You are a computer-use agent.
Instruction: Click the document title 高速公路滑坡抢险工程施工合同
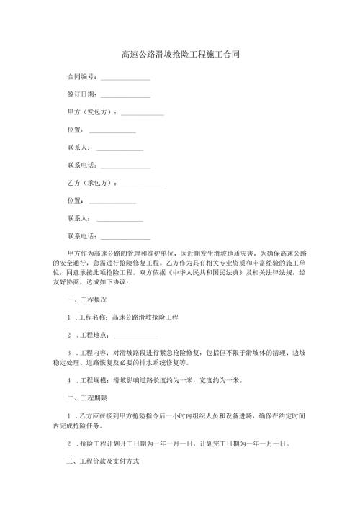coord(180,54)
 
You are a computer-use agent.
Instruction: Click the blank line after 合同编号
coord(125,77)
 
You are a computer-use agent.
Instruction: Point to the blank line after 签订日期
coord(125,95)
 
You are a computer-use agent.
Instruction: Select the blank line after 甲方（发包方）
coord(143,113)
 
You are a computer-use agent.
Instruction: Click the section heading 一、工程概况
coord(86,299)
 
